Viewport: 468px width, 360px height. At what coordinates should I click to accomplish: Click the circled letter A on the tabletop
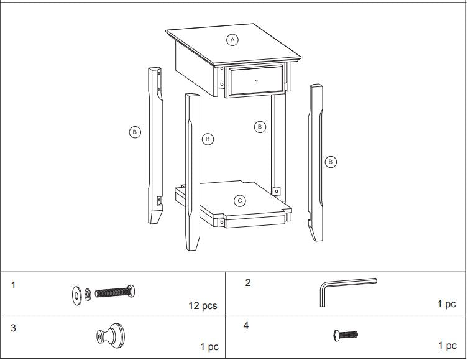(232, 40)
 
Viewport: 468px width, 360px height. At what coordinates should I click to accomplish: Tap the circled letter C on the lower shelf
(240, 201)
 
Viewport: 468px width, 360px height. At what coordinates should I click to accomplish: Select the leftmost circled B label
(135, 132)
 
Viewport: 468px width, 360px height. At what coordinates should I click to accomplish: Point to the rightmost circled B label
(331, 162)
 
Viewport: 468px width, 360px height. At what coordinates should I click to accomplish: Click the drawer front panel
(257, 80)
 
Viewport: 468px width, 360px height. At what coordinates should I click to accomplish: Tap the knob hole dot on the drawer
(256, 80)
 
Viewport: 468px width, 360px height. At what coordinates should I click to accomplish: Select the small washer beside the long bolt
(88, 292)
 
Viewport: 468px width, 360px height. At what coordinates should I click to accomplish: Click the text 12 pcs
(203, 306)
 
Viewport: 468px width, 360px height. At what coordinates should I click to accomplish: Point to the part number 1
(14, 285)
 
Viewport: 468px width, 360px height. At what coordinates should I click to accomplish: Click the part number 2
(248, 282)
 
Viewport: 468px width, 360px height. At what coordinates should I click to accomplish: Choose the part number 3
(14, 326)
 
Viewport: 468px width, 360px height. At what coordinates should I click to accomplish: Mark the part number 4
(246, 325)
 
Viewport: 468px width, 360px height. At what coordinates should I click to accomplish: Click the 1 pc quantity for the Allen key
(446, 305)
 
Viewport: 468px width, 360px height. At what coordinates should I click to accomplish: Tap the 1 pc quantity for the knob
(209, 347)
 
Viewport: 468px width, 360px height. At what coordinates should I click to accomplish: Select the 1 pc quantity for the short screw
(447, 346)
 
